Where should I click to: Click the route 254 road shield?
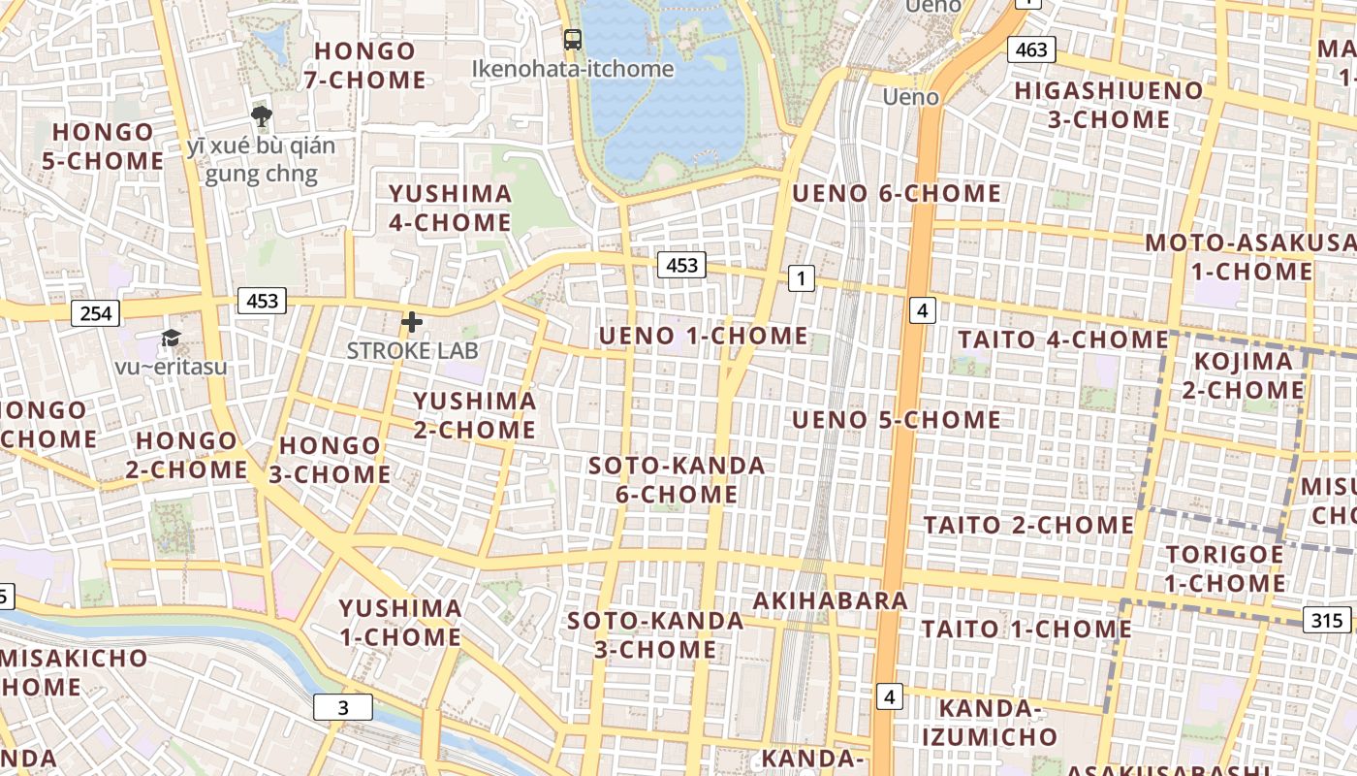pos(96,313)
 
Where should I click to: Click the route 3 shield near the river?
pos(342,707)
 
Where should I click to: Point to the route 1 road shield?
pos(801,279)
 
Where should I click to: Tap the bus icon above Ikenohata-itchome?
pos(573,40)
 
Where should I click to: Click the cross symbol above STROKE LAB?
pos(412,322)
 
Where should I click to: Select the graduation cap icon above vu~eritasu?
pos(171,338)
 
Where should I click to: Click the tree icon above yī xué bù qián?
pos(261,117)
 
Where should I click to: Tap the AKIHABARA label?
pos(831,600)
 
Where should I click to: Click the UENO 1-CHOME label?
pos(703,337)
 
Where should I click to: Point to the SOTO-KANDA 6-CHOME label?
pos(677,480)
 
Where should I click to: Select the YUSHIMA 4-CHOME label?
pos(450,208)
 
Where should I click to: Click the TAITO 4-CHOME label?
pos(1063,339)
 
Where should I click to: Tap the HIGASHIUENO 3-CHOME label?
pos(1108,105)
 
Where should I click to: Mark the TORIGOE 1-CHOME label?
pos(1225,568)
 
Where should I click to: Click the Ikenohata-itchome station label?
pos(572,69)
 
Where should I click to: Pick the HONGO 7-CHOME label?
pos(365,65)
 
